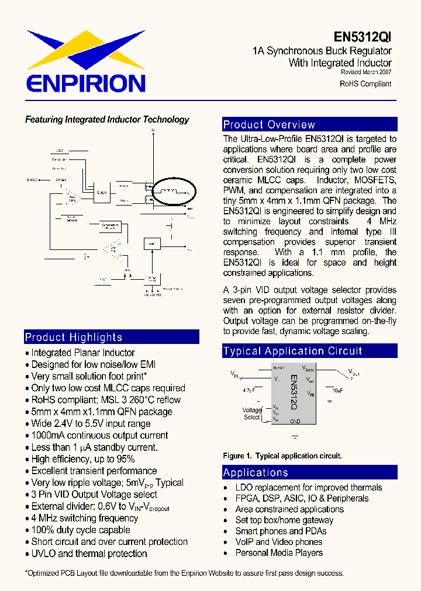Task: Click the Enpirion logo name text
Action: pyautogui.click(x=86, y=82)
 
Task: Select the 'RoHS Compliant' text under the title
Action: pyautogui.click(x=365, y=84)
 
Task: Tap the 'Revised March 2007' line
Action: pyautogui.click(x=366, y=72)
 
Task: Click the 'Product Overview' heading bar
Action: pyautogui.click(x=310, y=124)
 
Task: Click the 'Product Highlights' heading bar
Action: pyautogui.click(x=112, y=337)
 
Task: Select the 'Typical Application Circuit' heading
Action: pyautogui.click(x=310, y=351)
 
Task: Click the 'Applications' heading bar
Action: pyautogui.click(x=310, y=472)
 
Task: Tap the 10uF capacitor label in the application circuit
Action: pyautogui.click(x=338, y=390)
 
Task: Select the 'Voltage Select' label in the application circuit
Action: pyautogui.click(x=252, y=413)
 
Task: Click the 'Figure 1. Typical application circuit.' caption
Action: pyautogui.click(x=282, y=456)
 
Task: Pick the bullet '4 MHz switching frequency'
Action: pyautogui.click(x=85, y=518)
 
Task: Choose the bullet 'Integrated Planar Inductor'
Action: pyautogui.click(x=82, y=353)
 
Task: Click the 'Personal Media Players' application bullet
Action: pyautogui.click(x=279, y=552)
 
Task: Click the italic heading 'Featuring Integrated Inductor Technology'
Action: pyautogui.click(x=107, y=120)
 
